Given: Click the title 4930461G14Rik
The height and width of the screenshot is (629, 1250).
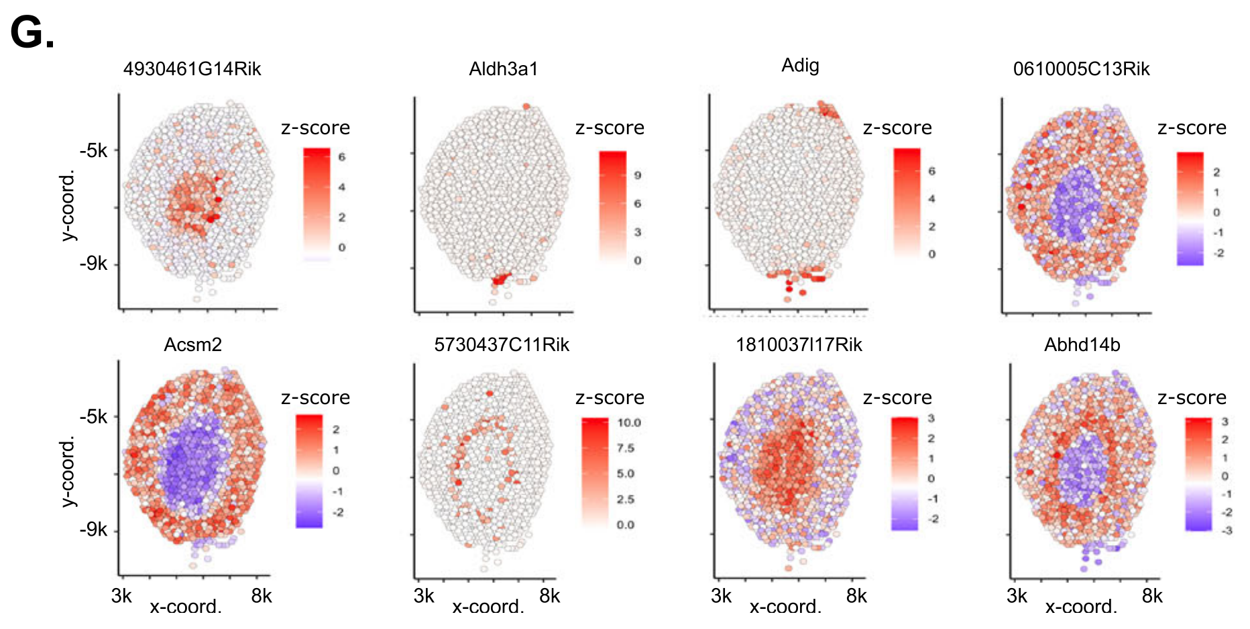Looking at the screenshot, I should (x=192, y=69).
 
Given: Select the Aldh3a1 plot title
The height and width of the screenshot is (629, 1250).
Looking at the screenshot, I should (x=503, y=69).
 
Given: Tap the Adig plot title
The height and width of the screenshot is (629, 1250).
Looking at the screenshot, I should (x=800, y=66).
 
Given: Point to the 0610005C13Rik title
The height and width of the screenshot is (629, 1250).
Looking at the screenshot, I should (x=1081, y=69).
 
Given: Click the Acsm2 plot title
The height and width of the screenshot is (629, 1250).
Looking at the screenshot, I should (x=192, y=345).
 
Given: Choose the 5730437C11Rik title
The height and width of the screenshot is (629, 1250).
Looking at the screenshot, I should (x=502, y=345).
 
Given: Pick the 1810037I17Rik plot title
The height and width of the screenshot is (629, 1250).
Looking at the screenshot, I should (x=799, y=345).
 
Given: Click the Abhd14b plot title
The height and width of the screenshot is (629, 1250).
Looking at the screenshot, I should (x=1082, y=345).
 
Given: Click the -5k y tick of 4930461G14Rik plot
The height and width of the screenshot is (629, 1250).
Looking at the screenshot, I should (x=93, y=150).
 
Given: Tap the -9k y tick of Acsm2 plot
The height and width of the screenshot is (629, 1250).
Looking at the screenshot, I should (x=93, y=530).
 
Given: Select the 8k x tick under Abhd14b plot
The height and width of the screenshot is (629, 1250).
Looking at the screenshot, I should (x=1152, y=596).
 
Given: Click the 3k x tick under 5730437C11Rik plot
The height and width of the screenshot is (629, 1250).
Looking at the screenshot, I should (x=424, y=596).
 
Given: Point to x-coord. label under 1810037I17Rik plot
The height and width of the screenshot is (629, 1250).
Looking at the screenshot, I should (x=785, y=607).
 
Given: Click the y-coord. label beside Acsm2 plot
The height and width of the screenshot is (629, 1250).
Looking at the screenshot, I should (x=68, y=473).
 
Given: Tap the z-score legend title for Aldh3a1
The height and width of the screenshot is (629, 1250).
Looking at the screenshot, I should (x=610, y=128).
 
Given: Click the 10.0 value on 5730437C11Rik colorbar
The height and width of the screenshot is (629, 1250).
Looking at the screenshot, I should (x=629, y=423).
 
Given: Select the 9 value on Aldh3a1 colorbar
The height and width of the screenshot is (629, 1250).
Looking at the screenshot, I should (x=637, y=175).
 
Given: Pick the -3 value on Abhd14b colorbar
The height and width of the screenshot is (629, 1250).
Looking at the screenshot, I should (x=1227, y=530).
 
